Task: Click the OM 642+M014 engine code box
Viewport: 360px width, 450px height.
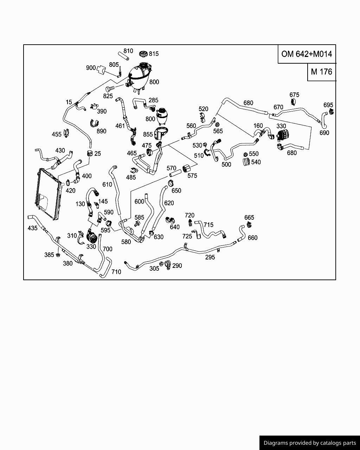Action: pos(307,54)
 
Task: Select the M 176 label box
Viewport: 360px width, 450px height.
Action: pos(321,72)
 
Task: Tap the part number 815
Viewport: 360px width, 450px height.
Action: pos(154,54)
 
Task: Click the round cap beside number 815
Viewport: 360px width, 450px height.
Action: pos(143,54)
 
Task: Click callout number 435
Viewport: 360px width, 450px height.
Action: pos(32,228)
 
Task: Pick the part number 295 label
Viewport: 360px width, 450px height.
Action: pos(210,257)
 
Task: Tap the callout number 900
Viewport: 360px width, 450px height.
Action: pos(91,67)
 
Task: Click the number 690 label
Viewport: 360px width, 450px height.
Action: pos(324,133)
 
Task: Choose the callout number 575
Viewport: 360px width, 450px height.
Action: pos(192,175)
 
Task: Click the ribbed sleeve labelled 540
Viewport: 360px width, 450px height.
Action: pos(246,162)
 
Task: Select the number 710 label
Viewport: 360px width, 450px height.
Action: pos(116,272)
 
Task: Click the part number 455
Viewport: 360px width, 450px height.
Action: pos(57,134)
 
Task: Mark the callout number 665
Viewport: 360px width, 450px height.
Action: pos(249,218)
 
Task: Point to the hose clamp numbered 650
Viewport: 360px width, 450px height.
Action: pos(171,183)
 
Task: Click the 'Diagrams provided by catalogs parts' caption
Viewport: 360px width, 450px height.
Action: pos(309,443)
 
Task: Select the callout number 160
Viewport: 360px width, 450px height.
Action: pos(258,126)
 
